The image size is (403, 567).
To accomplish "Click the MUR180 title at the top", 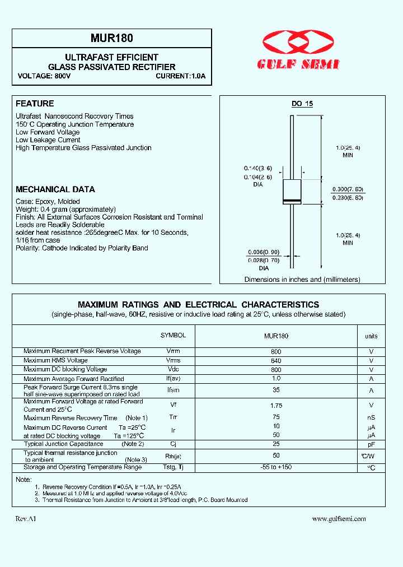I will point(111,39).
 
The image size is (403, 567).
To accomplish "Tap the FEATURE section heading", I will point(35,104).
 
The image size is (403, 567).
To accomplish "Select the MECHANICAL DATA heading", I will point(55,189).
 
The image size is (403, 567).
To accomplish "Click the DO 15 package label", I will point(302,104).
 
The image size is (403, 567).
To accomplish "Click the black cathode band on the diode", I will point(292,201).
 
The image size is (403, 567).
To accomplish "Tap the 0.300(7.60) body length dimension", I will point(348,189).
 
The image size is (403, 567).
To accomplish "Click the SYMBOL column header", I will point(173,335).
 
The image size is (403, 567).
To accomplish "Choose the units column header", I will point(371,336).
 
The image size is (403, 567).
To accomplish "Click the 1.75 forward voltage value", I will point(277,405).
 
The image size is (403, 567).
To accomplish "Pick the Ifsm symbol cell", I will point(174,390).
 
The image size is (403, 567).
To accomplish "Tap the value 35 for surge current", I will point(277,390).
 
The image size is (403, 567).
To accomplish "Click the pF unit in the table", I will point(371,444).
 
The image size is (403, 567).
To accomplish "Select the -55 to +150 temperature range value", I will point(277,467).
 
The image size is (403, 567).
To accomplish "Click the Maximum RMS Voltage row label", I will point(55,360).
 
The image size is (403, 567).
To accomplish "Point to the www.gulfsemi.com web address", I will point(339,519).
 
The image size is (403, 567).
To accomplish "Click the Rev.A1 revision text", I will point(26,519).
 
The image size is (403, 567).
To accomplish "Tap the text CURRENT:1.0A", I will point(181,76).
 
